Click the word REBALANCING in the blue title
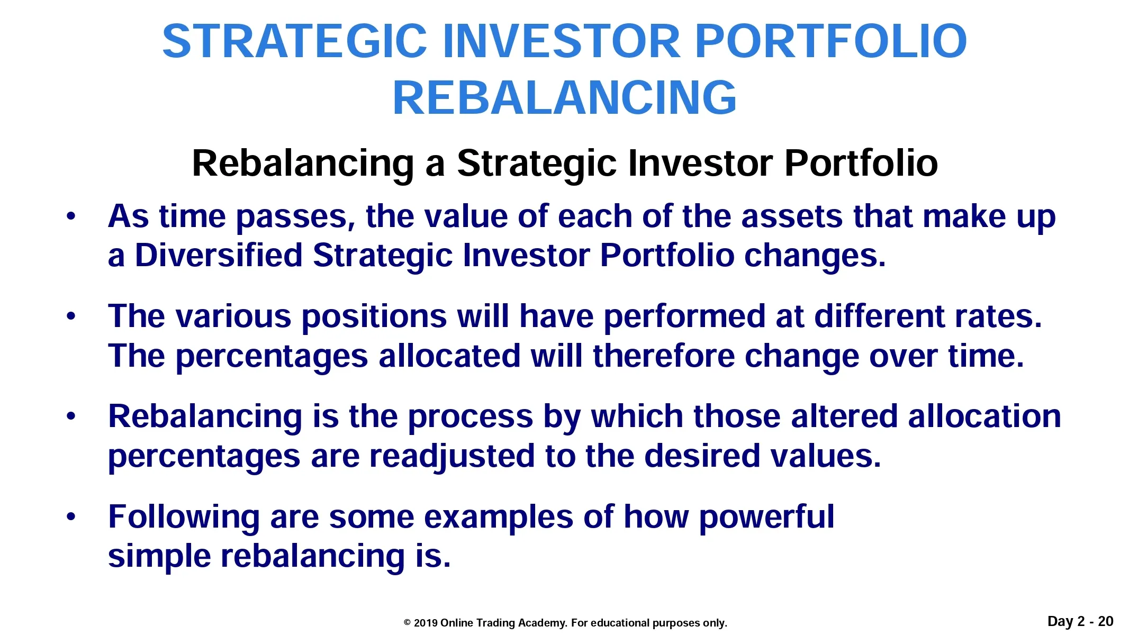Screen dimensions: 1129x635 click(564, 97)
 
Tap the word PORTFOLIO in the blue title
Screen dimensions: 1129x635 click(830, 41)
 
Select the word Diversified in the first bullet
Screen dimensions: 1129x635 click(219, 255)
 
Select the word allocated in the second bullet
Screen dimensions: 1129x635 click(449, 356)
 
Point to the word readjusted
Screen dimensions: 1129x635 click(452, 457)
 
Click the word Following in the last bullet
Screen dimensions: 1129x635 click(184, 518)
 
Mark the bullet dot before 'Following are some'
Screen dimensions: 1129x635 click(71, 517)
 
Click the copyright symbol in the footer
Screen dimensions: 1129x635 click(407, 623)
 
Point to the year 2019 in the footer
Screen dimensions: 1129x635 click(425, 623)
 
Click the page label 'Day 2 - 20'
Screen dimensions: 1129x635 click(1080, 621)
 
